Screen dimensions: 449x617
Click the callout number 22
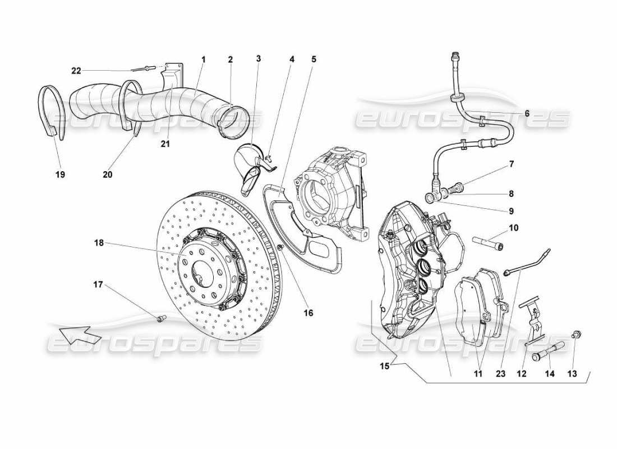coord(76,70)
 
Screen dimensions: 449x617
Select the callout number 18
coord(100,243)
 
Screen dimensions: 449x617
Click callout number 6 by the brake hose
coord(527,113)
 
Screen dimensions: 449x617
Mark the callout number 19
coord(60,175)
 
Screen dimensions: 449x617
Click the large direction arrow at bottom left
coord(79,335)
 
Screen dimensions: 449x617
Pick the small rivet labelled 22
coord(145,69)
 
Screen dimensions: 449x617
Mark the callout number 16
coord(308,313)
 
